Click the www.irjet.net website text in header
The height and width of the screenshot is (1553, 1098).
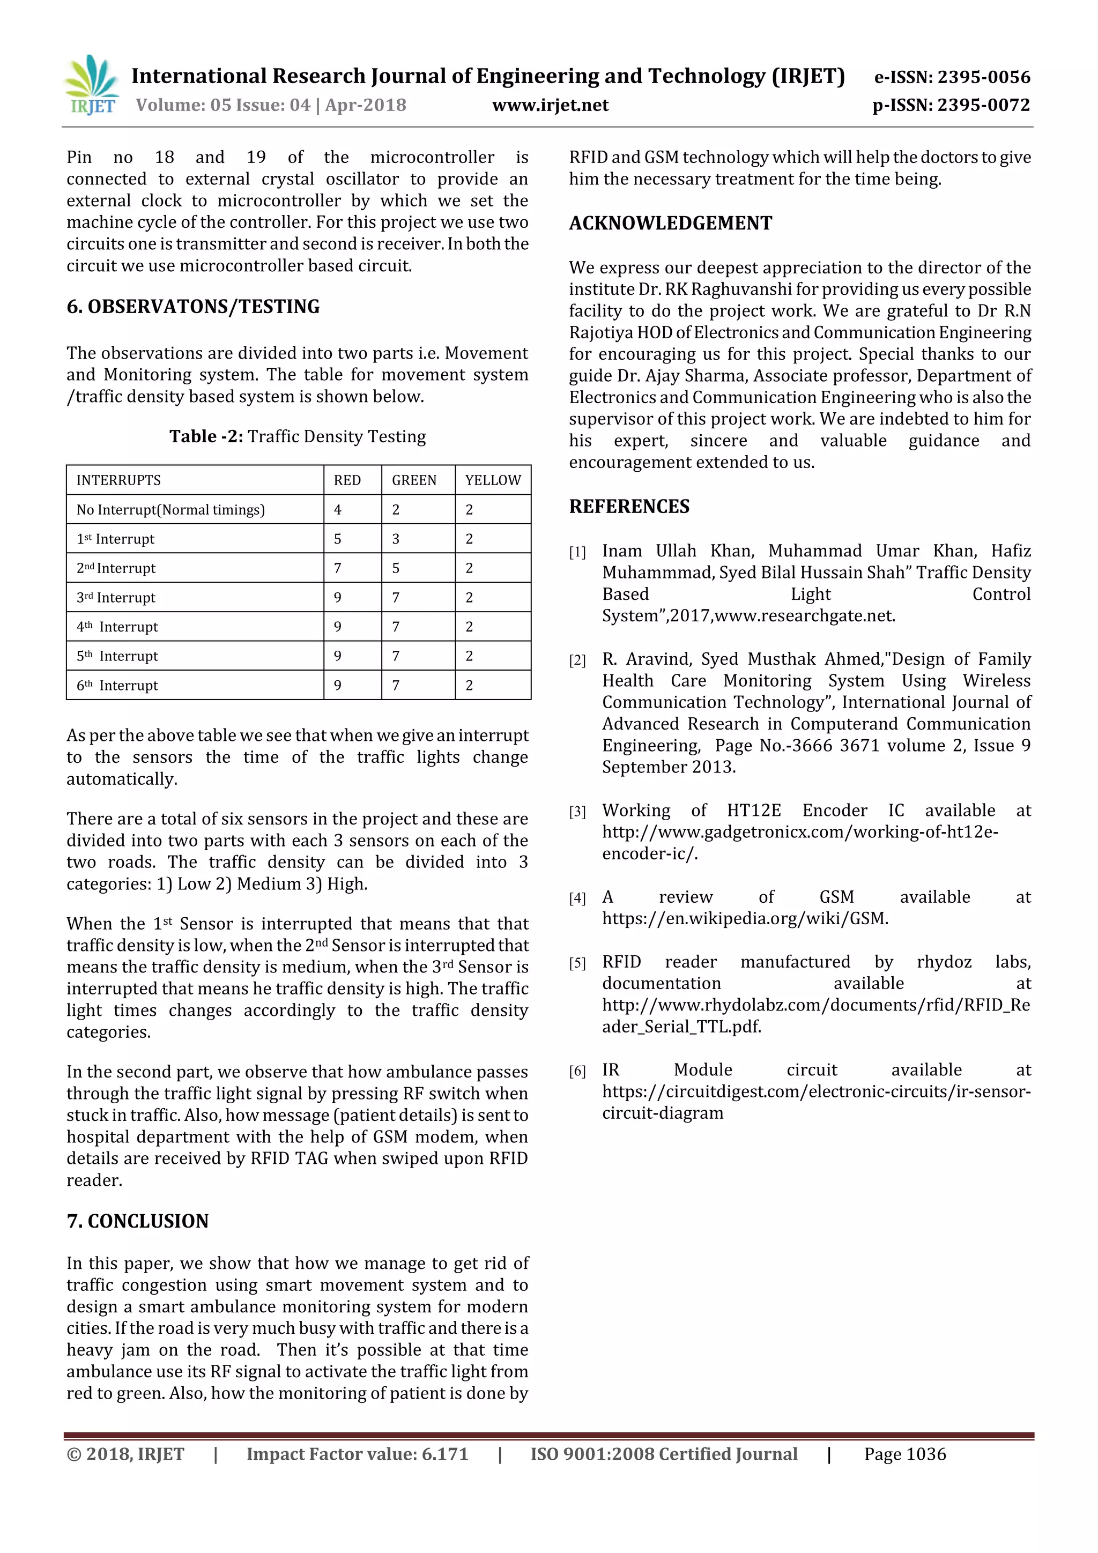550,106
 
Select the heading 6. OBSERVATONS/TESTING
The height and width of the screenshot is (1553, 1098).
193,307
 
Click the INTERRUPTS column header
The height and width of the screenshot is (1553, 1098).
118,480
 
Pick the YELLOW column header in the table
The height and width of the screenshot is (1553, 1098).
493,480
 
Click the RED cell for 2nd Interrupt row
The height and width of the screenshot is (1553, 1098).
338,568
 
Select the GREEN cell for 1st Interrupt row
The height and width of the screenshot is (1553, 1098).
396,539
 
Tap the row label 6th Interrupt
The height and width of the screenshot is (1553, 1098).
117,685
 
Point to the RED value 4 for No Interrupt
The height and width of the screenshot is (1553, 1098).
338,509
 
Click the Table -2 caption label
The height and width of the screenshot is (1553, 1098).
206,436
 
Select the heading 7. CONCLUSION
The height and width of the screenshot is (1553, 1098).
137,1221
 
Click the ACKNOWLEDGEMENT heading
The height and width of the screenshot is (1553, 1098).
670,223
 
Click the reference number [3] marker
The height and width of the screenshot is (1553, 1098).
577,812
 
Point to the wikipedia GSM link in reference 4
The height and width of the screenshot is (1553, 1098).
745,918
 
